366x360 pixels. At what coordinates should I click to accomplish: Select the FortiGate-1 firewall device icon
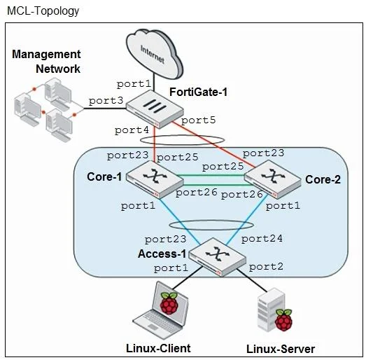(x=155, y=109)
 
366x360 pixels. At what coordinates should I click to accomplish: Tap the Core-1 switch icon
(x=155, y=179)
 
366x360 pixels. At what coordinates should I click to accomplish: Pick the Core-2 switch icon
(x=273, y=179)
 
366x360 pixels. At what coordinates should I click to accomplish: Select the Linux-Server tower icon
(x=274, y=310)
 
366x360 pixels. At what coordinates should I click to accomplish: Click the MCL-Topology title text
(x=43, y=11)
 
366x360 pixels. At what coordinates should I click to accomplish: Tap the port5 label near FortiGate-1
(x=199, y=120)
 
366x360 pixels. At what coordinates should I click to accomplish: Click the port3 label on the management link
(x=106, y=101)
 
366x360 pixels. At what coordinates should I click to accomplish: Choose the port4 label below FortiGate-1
(x=132, y=130)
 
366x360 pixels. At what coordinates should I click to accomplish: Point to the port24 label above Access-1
(x=262, y=239)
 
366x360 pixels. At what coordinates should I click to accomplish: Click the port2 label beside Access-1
(x=267, y=267)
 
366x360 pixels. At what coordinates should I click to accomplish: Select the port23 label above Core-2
(x=264, y=153)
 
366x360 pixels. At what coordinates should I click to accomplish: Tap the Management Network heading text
(x=46, y=62)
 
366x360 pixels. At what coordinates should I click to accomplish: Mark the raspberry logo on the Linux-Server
(x=283, y=320)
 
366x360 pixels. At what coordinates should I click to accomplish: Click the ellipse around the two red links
(x=182, y=135)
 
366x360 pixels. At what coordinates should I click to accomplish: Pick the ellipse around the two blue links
(x=211, y=221)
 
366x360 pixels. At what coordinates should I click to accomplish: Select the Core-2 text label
(x=323, y=179)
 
